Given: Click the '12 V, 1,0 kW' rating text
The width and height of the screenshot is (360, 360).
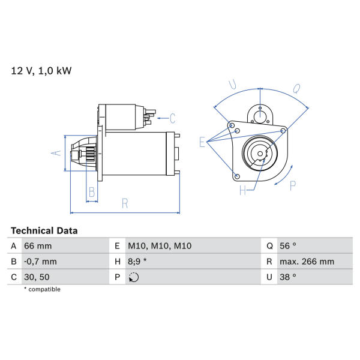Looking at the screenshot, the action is point(41,71).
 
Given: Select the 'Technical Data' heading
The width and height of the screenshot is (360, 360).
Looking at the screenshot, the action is point(44,231).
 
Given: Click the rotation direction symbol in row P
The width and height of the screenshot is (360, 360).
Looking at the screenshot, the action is point(134,277).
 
